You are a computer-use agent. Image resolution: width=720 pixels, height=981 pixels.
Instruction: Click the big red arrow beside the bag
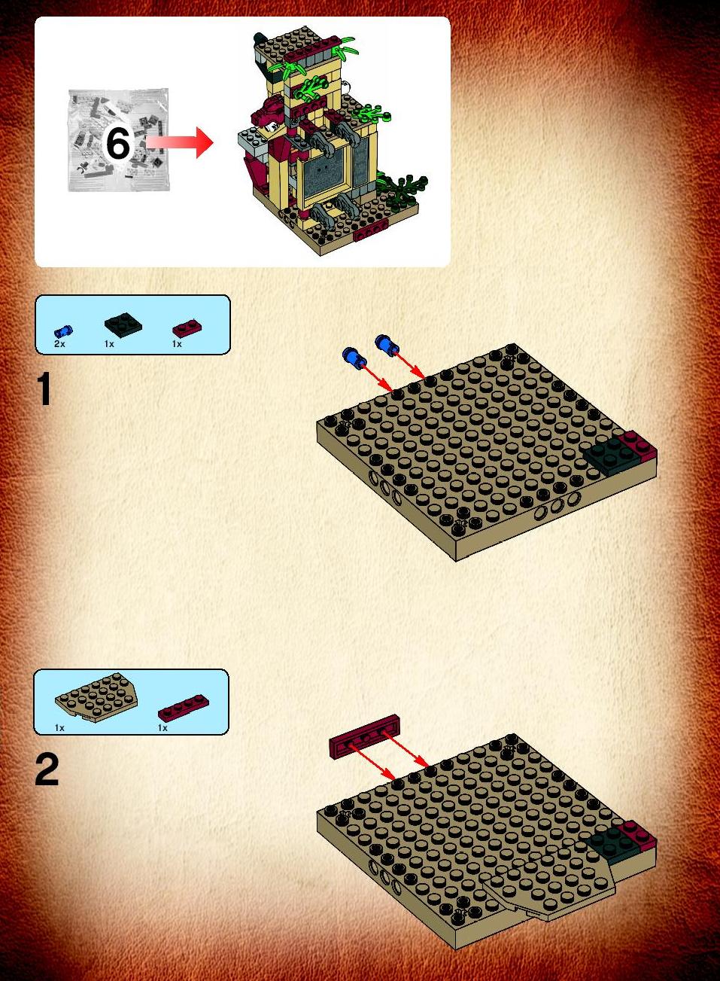[x=179, y=142]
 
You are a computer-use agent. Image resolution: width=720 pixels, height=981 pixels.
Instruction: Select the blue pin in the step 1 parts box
[x=63, y=331]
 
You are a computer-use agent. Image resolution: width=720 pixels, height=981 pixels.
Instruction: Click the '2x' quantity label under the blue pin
[x=59, y=344]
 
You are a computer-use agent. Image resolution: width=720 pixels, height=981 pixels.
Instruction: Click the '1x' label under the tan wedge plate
[x=59, y=728]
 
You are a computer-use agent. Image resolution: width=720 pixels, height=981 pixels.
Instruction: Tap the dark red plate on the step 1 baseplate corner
[x=639, y=446]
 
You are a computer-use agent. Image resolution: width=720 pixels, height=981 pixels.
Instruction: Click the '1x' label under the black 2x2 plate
[x=109, y=344]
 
